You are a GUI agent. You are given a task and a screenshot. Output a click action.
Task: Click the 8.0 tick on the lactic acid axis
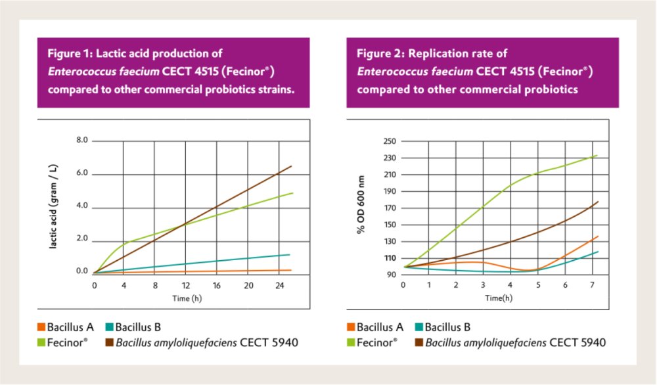click(81, 141)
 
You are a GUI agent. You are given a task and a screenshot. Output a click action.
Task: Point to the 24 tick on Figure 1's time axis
click(279, 286)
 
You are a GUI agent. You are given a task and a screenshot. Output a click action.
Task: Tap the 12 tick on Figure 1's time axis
click(186, 286)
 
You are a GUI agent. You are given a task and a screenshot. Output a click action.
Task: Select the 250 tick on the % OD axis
click(389, 141)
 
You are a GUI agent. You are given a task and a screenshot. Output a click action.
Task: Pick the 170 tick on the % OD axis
click(389, 208)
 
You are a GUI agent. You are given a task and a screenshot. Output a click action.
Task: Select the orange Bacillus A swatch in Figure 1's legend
click(41, 327)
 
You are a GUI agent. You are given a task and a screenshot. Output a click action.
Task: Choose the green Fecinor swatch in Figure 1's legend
click(41, 342)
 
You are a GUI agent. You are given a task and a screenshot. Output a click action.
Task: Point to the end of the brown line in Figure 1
click(292, 166)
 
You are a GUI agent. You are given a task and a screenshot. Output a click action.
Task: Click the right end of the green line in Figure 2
click(597, 155)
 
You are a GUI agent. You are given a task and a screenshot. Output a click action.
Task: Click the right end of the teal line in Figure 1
click(290, 254)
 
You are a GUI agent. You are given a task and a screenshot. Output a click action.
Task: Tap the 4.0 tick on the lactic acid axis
click(81, 206)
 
